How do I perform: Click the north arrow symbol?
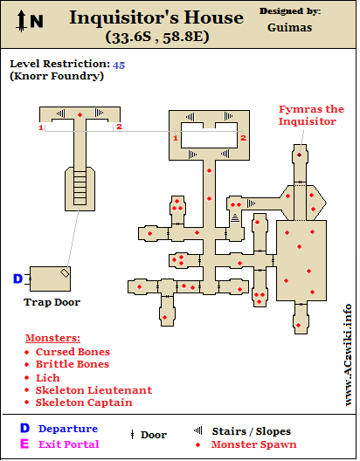(x=22, y=21)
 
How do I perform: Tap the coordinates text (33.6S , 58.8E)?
(x=157, y=37)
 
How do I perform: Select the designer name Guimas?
(x=290, y=28)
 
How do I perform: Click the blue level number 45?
(x=119, y=65)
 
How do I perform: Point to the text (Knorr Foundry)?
(x=57, y=76)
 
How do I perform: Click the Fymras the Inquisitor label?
(x=311, y=115)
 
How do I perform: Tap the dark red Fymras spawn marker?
(x=300, y=155)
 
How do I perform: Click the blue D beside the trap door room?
(x=18, y=279)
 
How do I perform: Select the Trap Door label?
(x=52, y=302)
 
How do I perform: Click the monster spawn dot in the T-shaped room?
(x=80, y=114)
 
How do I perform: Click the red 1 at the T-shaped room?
(x=41, y=127)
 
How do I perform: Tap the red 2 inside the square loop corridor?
(x=243, y=138)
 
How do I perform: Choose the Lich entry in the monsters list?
(x=48, y=378)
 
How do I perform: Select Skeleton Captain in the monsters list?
(x=84, y=403)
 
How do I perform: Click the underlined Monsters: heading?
(x=52, y=338)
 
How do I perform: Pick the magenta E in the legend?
(x=24, y=444)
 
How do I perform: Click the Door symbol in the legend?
(x=132, y=435)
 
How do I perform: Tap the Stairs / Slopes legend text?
(x=252, y=431)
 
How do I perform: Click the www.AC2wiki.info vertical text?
(x=348, y=354)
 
